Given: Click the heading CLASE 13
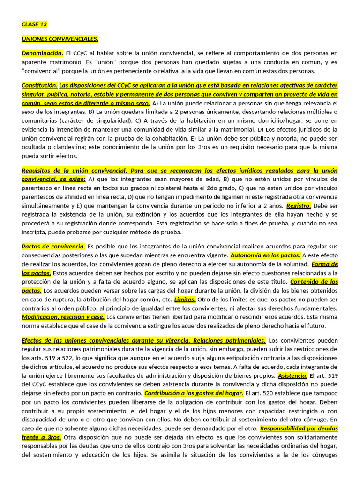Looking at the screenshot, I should coord(34,24).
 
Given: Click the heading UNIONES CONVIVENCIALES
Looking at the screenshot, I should coord(60,39).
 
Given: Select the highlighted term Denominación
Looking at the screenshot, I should coord(42,53).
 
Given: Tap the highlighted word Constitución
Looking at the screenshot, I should coord(40,85).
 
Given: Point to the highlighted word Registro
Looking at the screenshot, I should coord(299,205).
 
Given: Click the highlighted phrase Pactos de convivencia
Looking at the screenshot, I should coord(53,246).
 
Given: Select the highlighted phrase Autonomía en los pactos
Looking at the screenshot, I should coord(265,255).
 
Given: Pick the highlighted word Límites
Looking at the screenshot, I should coord(185,299).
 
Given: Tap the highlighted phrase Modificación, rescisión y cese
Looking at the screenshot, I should coord(63,317).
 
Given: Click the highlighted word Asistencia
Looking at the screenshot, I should coord(293,375).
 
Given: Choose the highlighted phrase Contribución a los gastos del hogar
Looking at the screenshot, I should coord(194,393).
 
